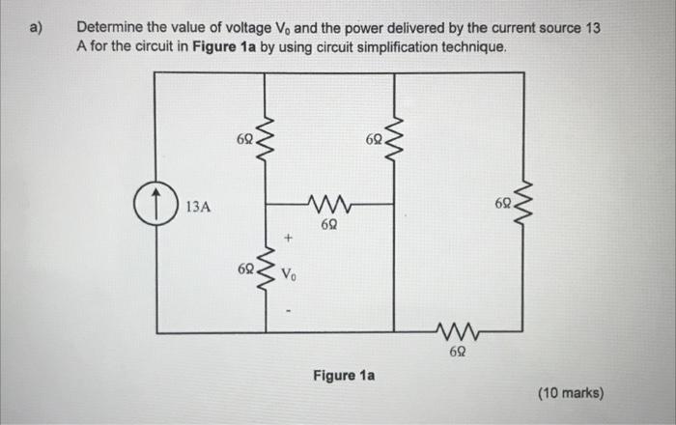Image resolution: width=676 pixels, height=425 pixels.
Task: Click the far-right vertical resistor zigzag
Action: [524, 204]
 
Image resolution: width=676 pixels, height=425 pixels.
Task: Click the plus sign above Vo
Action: [287, 237]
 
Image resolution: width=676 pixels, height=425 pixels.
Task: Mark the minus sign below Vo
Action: [287, 310]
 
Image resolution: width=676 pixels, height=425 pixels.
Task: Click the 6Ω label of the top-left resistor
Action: [243, 141]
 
